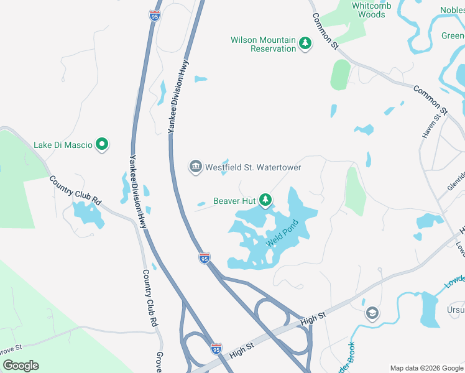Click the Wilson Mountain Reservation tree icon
305,43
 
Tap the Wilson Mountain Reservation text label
263,44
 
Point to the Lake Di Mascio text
63,145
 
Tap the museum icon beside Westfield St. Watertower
195,167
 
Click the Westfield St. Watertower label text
253,167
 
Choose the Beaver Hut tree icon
265,200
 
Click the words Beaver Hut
235,200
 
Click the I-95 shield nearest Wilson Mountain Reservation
155,16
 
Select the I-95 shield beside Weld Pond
204,257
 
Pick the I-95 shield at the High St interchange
216,349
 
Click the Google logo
21,365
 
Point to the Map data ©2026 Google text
426,367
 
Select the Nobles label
452,10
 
